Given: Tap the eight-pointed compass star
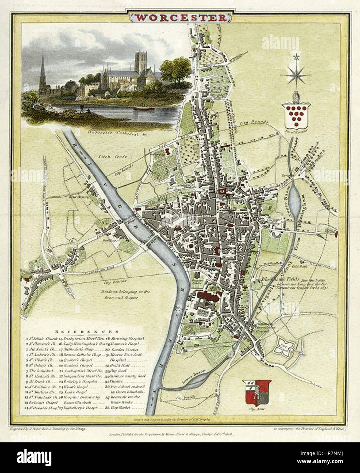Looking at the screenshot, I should point(297,74).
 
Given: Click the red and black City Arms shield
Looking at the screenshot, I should point(257,392).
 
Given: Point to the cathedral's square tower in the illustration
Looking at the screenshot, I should point(141,62).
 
